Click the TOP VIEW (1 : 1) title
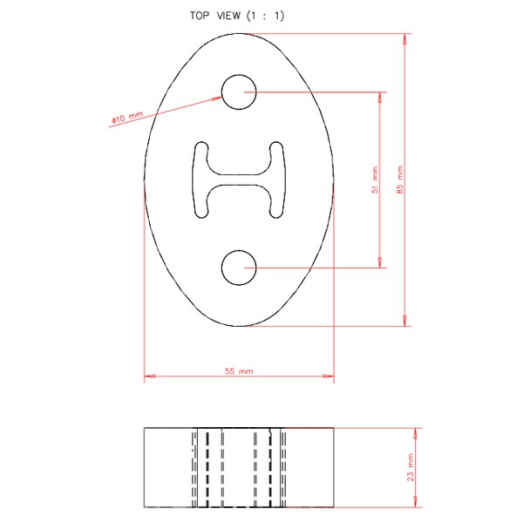237,16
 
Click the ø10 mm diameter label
127,118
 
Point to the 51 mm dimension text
375,180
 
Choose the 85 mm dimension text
400,180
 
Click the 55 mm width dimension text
239,371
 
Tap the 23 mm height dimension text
411,467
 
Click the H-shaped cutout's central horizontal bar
239,180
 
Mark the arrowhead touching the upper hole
217,98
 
